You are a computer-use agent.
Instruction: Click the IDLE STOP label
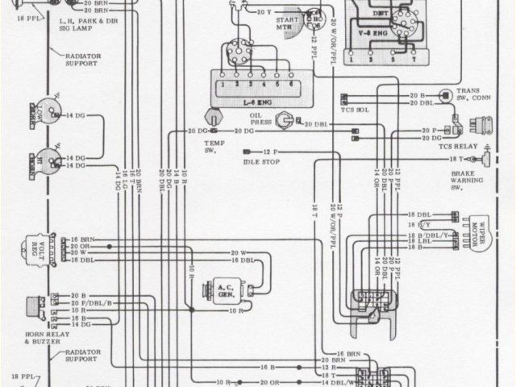[259, 163]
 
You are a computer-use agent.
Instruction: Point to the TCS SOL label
[356, 110]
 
